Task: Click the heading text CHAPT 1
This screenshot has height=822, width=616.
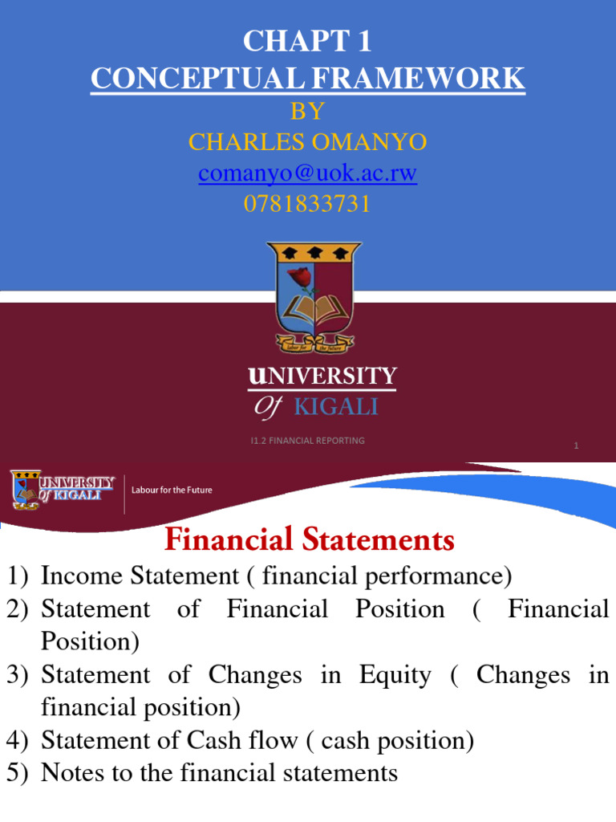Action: coord(307,40)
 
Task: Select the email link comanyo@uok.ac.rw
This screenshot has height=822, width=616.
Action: coord(307,173)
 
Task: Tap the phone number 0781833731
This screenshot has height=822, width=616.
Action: coord(307,205)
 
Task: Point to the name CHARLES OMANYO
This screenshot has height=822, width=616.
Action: coord(307,142)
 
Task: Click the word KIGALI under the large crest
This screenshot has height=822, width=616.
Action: coord(336,407)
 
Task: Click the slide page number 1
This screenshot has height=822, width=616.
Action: coord(576,446)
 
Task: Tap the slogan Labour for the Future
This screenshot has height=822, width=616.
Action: coord(172,490)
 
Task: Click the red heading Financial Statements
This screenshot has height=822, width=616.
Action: coord(310,540)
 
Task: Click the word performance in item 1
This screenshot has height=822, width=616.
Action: coord(441,576)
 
